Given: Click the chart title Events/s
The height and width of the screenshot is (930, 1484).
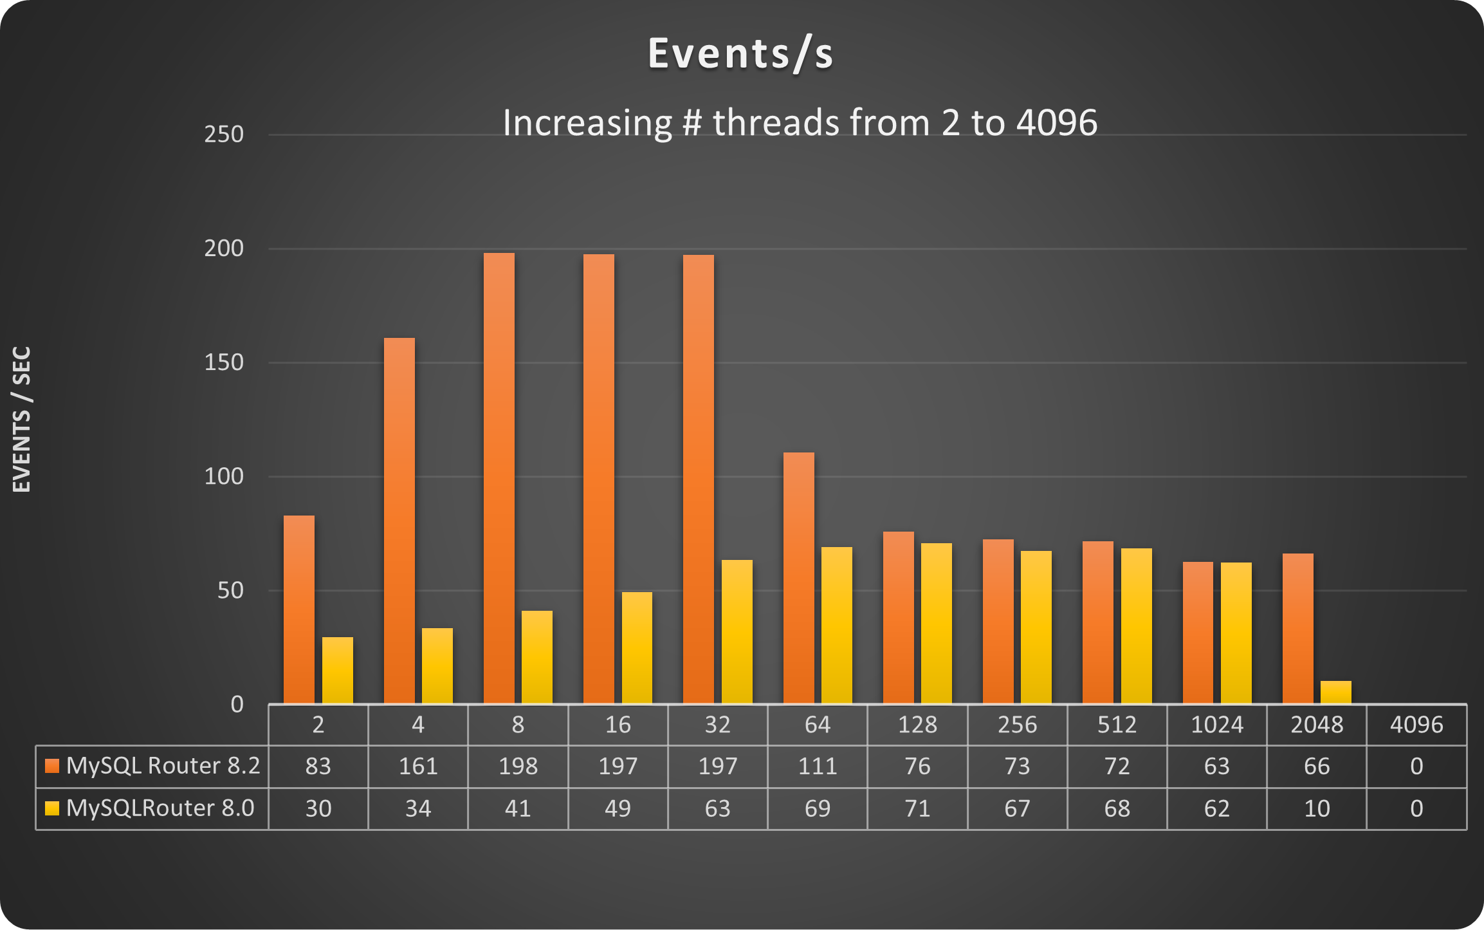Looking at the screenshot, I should click(x=740, y=53).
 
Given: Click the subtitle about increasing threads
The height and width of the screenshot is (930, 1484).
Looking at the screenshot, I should click(x=800, y=122).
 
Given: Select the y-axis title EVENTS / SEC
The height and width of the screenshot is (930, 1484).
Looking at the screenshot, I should click(x=22, y=420).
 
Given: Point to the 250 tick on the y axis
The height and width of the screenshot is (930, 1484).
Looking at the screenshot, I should click(x=224, y=135).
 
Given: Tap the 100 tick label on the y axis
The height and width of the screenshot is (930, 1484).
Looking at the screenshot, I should click(x=224, y=477).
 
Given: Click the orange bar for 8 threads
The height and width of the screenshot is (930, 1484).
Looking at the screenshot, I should click(x=499, y=478).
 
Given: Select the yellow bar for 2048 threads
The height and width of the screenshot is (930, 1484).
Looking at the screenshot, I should click(x=1335, y=693).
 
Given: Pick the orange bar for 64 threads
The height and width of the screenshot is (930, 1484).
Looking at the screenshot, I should click(x=798, y=577).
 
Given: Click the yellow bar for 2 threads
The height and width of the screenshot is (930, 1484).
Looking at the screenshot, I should click(x=338, y=670).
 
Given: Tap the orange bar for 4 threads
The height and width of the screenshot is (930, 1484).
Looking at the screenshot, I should click(x=399, y=520).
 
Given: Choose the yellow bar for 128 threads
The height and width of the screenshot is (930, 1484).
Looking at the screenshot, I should click(x=937, y=623).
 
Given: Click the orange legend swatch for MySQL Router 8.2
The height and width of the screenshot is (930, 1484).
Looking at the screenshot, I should click(x=52, y=766).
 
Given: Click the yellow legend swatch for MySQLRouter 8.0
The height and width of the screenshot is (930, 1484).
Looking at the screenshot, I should click(x=52, y=808).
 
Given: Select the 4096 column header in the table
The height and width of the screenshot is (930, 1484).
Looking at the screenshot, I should click(x=1416, y=725).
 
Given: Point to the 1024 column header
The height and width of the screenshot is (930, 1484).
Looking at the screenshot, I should click(x=1216, y=725).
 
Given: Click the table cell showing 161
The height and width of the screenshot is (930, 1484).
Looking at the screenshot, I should click(x=418, y=767).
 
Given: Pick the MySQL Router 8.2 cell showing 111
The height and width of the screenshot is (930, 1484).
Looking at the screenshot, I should click(x=818, y=767).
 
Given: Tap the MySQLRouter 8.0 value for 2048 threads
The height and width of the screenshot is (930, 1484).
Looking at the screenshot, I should click(x=1317, y=809).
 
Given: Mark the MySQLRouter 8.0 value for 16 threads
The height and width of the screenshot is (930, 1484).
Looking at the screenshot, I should click(x=618, y=809).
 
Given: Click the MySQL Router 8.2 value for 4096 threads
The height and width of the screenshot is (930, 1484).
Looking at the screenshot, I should click(x=1416, y=767).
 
